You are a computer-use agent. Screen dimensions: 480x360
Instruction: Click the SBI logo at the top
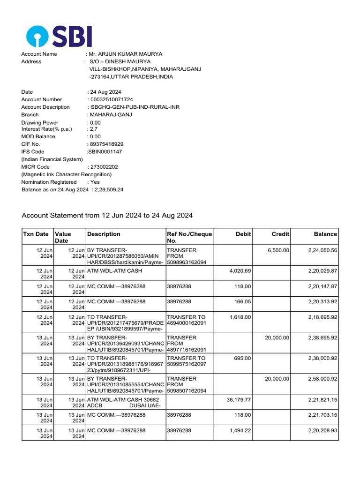click(x=59, y=36)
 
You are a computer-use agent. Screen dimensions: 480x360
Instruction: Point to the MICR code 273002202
click(x=103, y=167)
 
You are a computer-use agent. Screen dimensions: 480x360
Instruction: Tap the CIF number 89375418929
click(x=105, y=144)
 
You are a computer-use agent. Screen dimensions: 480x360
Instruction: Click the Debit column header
click(x=244, y=234)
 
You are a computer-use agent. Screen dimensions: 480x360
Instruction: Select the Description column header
click(x=104, y=234)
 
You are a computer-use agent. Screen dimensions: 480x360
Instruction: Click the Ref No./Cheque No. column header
click(x=189, y=237)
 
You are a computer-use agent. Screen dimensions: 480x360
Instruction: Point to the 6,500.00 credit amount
click(x=278, y=250)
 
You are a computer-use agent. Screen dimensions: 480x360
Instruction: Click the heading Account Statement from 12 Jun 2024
click(x=107, y=216)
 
